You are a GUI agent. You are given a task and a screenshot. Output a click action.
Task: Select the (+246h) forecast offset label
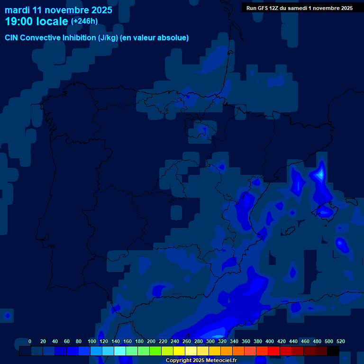click(x=84, y=21)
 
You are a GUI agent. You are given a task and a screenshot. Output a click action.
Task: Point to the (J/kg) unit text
click(x=108, y=38)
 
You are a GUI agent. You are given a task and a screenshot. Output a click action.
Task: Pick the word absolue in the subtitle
click(x=173, y=38)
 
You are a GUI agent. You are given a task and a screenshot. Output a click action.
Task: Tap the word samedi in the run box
click(x=297, y=8)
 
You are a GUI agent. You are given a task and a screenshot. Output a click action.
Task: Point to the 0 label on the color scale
click(x=30, y=341)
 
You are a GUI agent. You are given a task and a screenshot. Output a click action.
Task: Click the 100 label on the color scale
click(x=92, y=341)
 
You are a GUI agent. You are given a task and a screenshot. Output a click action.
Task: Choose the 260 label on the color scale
click(x=187, y=341)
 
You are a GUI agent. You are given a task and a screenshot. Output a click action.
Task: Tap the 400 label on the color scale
click(x=270, y=341)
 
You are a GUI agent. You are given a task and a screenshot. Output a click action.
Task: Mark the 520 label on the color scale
click(x=341, y=341)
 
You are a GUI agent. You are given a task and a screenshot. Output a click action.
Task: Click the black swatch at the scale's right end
click(x=333, y=351)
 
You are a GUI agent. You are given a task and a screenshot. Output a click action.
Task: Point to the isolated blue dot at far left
click(x=7, y=315)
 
